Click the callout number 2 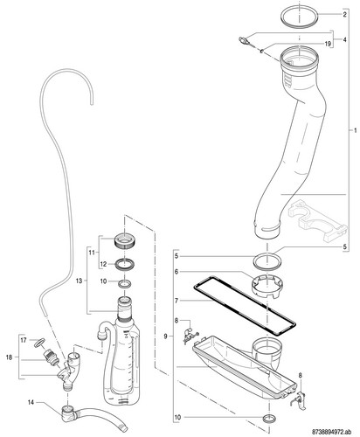click(x=344, y=14)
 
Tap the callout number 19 click(x=328, y=44)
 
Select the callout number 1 click(x=355, y=130)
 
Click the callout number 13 click(x=79, y=281)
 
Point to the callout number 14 click(x=31, y=402)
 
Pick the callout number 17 click(x=24, y=340)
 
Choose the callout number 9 click(x=165, y=336)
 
